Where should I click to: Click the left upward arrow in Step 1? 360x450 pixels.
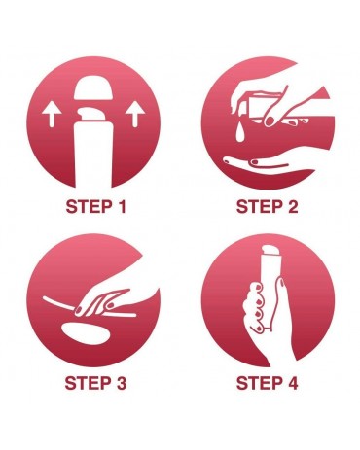click(x=52, y=114)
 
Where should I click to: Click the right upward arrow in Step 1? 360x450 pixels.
click(x=135, y=114)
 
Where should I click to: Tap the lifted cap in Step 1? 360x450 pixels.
click(x=93, y=87)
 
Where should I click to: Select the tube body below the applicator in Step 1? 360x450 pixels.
click(x=93, y=155)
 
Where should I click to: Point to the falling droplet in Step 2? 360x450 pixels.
click(x=240, y=133)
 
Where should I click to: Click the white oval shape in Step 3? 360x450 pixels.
click(x=86, y=333)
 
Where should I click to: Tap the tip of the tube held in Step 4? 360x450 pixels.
click(x=270, y=250)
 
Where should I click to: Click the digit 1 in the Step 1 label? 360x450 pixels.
click(x=121, y=207)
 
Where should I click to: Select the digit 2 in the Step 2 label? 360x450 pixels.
click(x=292, y=207)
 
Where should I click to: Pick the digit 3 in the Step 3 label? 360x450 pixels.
click(x=120, y=383)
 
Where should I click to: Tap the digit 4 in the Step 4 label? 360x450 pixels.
click(x=292, y=383)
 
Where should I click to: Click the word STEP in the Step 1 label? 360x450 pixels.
click(x=88, y=207)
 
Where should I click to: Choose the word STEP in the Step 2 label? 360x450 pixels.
click(x=259, y=207)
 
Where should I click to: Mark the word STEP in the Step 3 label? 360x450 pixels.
click(x=87, y=383)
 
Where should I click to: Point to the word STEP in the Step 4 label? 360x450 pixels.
click(x=259, y=383)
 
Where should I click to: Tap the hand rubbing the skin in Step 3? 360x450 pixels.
click(x=107, y=299)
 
